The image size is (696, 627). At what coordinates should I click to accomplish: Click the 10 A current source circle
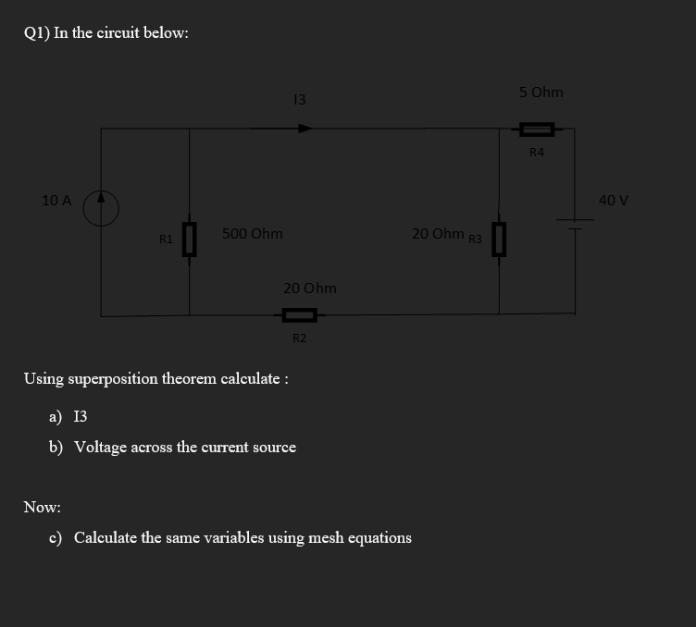tap(101, 208)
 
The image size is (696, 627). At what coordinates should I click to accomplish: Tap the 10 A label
tap(56, 200)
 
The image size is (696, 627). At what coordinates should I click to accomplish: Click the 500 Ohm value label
tap(253, 234)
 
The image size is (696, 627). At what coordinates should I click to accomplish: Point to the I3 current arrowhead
tap(304, 129)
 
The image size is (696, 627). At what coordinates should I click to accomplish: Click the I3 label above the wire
tap(298, 99)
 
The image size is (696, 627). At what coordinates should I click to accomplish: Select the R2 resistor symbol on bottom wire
tap(300, 315)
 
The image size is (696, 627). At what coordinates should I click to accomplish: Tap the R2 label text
tap(300, 338)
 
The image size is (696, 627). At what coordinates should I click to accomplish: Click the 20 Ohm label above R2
tap(310, 289)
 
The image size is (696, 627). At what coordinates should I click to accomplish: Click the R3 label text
tap(475, 240)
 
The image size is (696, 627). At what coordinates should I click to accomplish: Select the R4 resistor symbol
tap(537, 129)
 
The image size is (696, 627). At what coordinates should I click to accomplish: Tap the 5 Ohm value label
tap(541, 92)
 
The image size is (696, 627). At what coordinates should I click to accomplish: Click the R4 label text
tap(537, 153)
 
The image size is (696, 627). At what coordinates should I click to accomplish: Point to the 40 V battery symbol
tap(575, 222)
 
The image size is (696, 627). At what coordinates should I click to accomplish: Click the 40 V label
tap(614, 200)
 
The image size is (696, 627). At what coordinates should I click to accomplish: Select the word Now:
tap(43, 508)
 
